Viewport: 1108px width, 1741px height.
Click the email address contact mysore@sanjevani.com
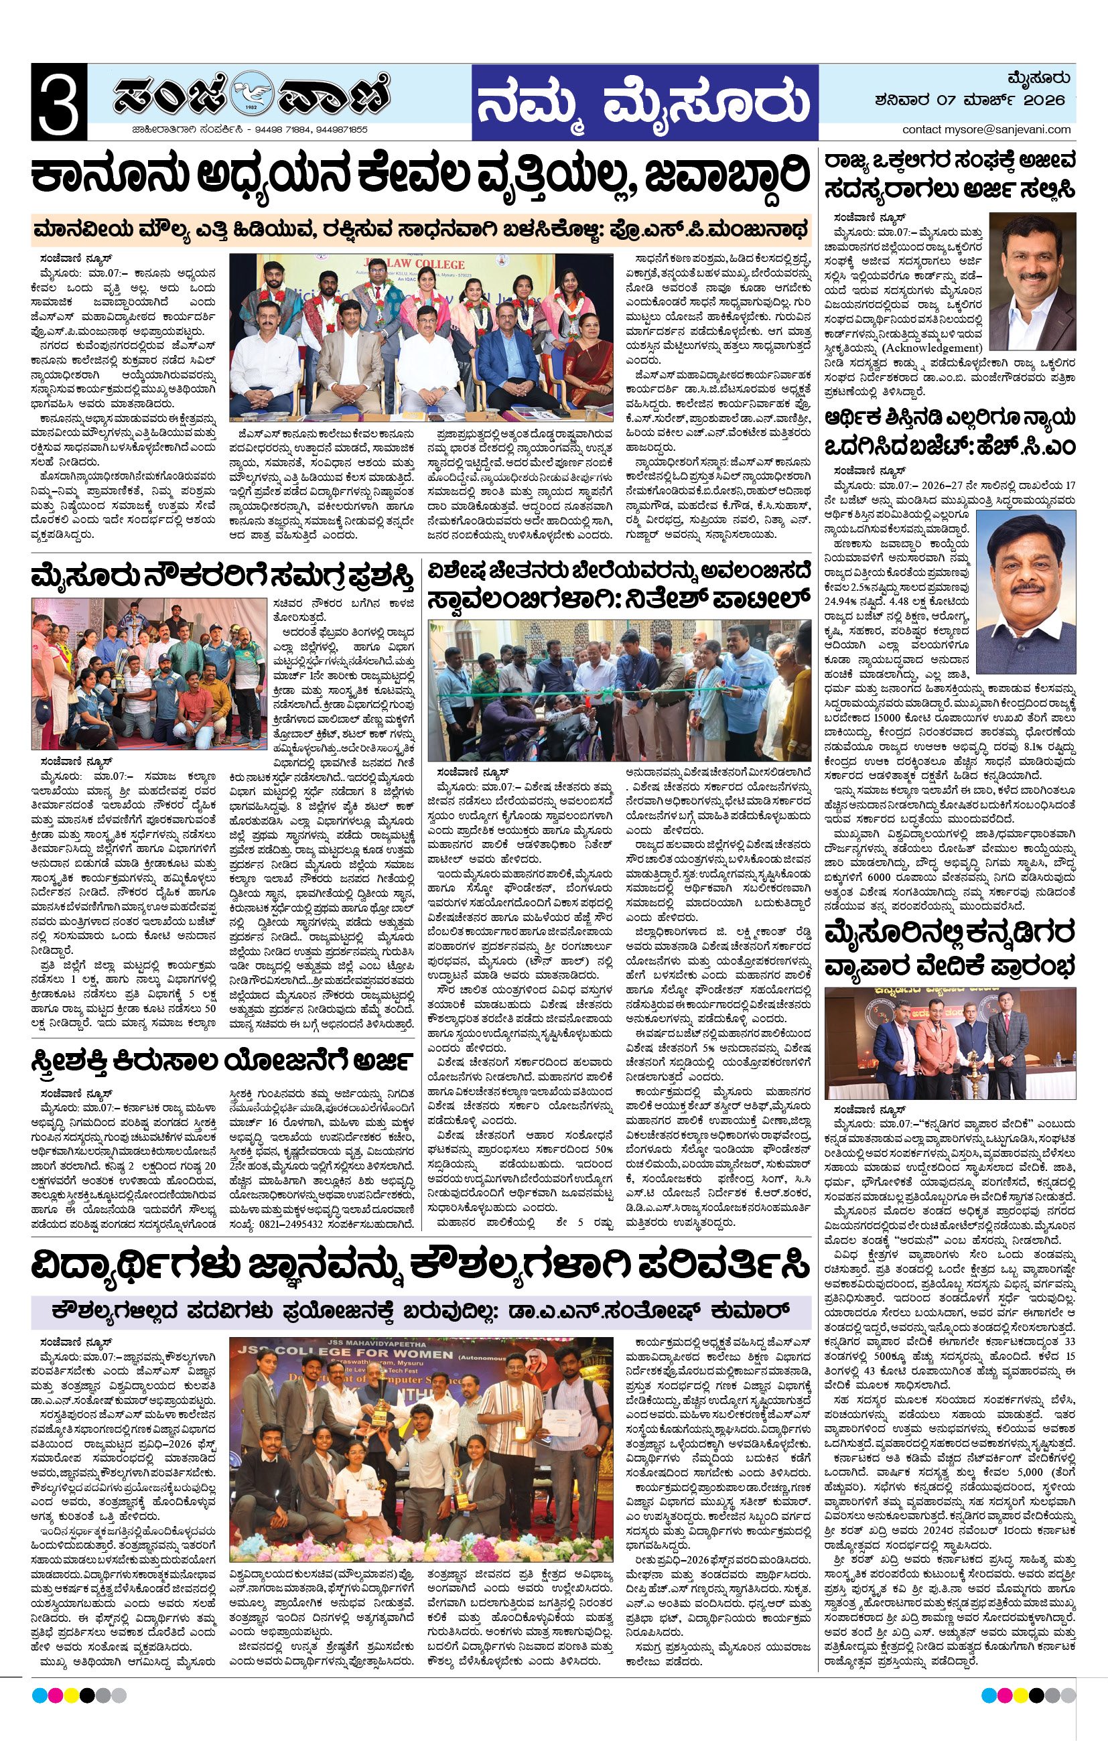pyautogui.click(x=986, y=129)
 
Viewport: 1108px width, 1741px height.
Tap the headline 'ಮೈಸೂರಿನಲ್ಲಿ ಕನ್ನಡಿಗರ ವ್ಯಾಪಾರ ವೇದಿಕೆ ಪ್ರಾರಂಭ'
pyautogui.click(x=950, y=948)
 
